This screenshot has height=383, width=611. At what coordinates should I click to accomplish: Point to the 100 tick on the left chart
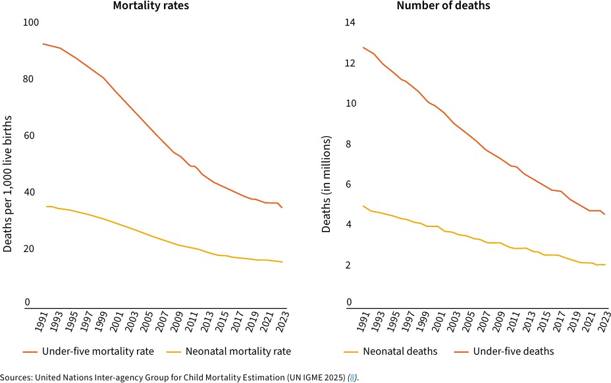click(31, 22)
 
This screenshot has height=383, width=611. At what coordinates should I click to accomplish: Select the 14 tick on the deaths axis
click(350, 22)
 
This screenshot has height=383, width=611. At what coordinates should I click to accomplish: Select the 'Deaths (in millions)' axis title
click(327, 184)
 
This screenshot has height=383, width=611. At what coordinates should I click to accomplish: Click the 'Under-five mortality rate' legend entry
click(97, 351)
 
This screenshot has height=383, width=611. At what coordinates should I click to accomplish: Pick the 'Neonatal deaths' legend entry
click(400, 351)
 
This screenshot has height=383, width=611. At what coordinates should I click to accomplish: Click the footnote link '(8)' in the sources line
click(353, 378)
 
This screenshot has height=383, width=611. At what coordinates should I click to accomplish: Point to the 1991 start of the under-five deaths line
click(362, 47)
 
